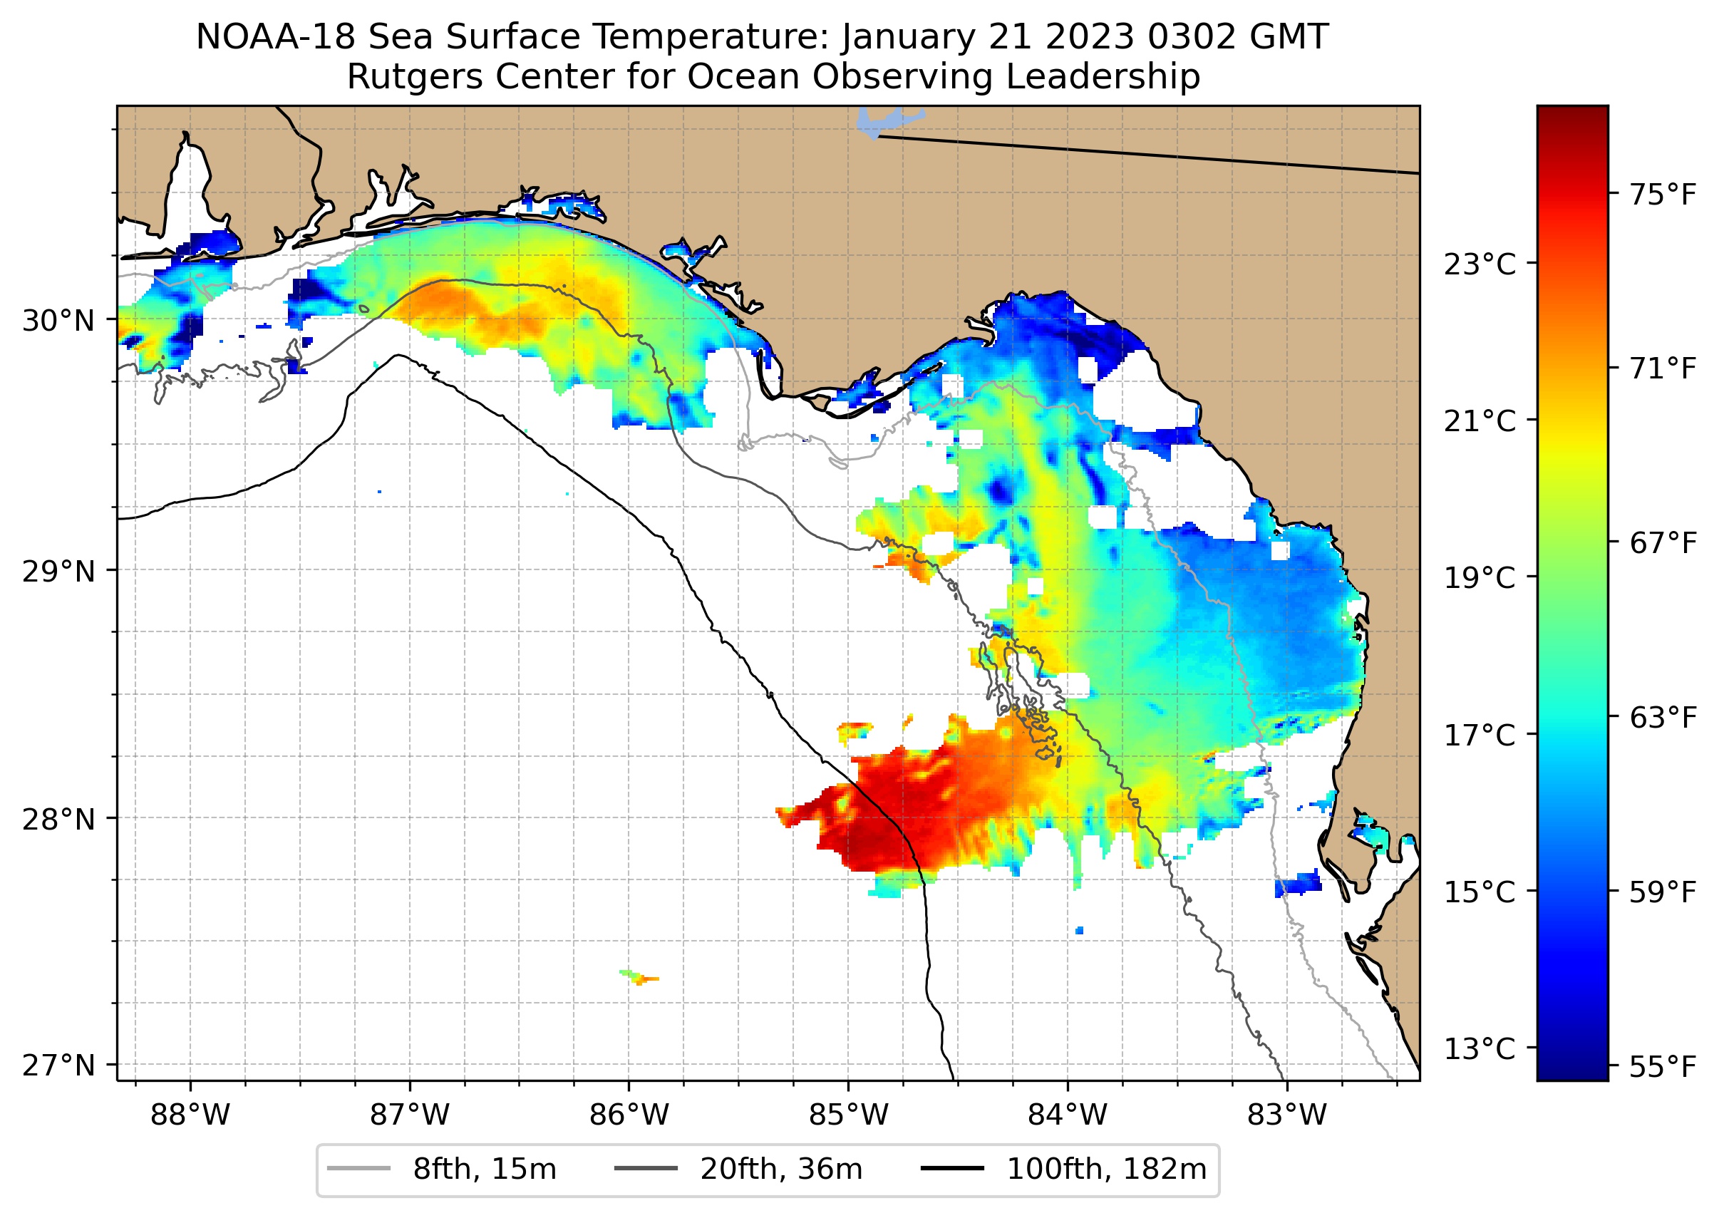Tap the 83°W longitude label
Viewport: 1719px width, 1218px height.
pos(1287,1115)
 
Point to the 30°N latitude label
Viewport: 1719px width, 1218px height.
pos(58,321)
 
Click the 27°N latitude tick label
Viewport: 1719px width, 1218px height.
pos(58,1065)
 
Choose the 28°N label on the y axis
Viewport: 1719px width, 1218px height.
pos(58,820)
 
